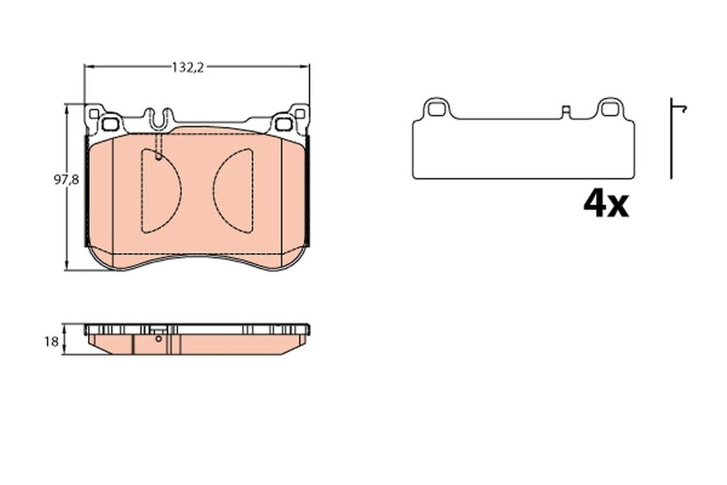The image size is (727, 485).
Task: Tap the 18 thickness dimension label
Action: click(x=50, y=342)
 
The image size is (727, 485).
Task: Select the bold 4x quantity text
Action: click(x=606, y=205)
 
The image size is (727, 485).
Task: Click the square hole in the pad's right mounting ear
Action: click(x=284, y=124)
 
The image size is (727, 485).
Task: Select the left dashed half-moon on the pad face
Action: click(x=159, y=190)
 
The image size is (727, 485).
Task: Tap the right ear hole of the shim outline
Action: click(x=609, y=109)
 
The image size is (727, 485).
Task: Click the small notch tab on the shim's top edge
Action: click(x=566, y=111)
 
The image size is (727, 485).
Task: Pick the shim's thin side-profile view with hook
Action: click(x=672, y=138)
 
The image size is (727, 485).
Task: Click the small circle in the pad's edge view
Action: click(x=158, y=339)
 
